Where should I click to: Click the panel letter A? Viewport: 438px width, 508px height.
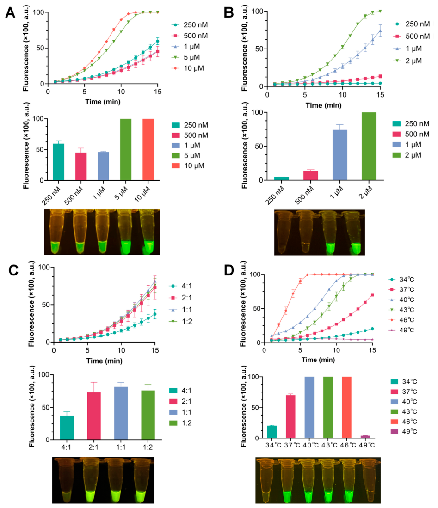point(10,13)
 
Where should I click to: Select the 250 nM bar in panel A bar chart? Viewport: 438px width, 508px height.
point(59,162)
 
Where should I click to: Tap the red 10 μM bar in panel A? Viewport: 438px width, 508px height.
point(148,149)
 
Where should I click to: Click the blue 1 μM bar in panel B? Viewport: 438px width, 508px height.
point(340,155)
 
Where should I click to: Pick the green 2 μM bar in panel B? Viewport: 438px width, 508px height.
point(369,146)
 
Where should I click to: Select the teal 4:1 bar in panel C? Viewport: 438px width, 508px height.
point(67,427)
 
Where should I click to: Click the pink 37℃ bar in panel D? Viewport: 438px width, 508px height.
point(290,416)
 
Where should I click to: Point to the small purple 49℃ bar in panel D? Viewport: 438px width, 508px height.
point(365,437)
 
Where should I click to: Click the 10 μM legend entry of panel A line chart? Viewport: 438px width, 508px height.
point(188,68)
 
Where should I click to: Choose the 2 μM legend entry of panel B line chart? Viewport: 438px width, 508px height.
point(408,61)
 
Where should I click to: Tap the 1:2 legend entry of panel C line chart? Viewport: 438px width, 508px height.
point(180,321)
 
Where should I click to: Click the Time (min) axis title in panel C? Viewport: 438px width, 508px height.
point(104,361)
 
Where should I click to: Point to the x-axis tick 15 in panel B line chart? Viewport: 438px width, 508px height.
point(380,95)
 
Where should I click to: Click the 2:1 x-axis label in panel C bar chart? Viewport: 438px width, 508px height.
point(93,447)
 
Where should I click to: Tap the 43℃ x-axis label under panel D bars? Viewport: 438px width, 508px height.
point(329,445)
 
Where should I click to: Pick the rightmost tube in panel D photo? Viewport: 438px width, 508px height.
point(369,480)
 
